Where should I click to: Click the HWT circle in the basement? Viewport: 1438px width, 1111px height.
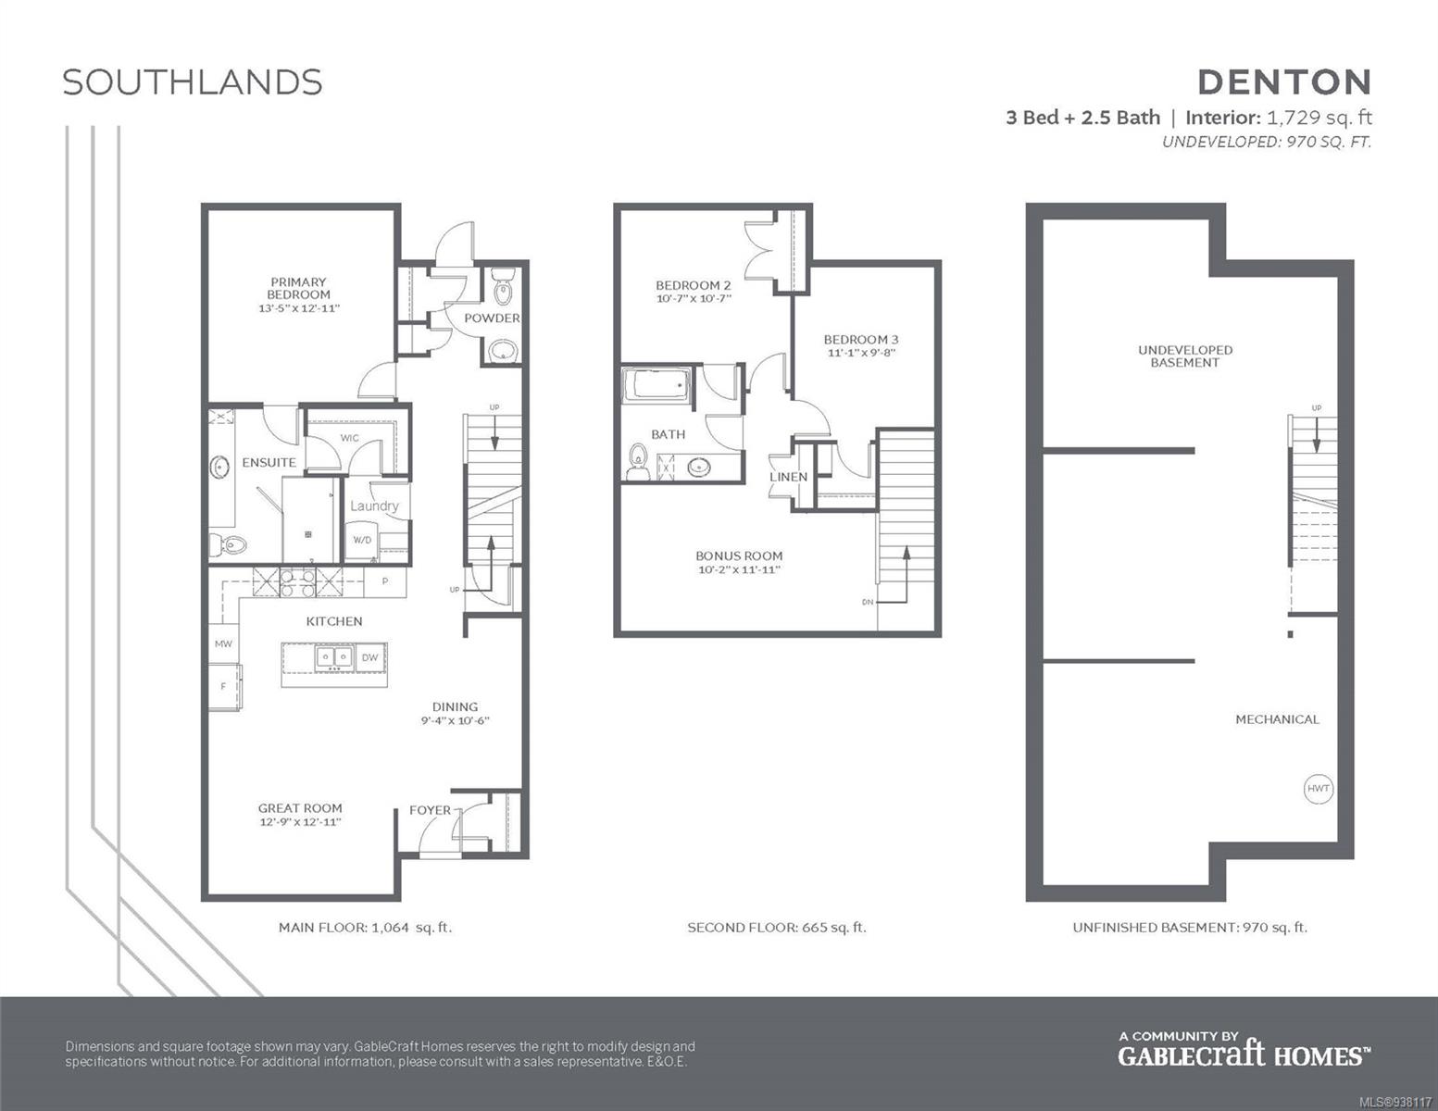[1319, 788]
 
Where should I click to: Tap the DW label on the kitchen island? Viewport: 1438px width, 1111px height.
[370, 657]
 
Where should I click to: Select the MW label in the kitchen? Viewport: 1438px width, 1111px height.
[224, 643]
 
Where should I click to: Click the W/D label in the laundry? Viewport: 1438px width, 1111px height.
[362, 540]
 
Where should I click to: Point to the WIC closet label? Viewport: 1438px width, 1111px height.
[349, 437]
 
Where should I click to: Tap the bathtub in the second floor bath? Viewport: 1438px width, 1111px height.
[656, 385]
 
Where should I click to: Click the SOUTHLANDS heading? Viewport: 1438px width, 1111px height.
[193, 82]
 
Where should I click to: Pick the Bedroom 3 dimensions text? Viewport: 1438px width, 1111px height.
[861, 353]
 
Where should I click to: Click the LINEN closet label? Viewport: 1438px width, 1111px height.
[788, 477]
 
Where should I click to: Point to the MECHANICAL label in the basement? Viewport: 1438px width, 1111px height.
[1277, 719]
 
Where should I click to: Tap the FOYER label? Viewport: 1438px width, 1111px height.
[430, 810]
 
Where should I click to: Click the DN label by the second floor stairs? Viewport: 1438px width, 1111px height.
[868, 602]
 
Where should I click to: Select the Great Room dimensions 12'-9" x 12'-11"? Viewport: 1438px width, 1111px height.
[300, 822]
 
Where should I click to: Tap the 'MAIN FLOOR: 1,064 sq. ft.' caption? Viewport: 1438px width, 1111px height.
[366, 928]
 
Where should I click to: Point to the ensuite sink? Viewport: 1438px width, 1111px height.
[219, 467]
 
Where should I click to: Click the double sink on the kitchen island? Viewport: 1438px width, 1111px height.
[334, 657]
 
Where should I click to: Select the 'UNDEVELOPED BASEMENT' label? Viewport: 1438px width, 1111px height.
[1185, 356]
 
